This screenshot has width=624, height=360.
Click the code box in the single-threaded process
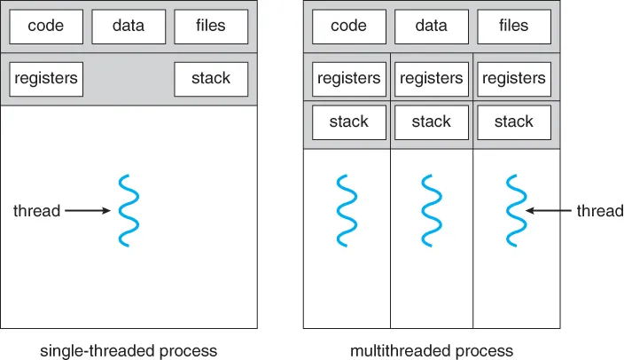(45, 27)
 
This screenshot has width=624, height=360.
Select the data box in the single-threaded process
(129, 27)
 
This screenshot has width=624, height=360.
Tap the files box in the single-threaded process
(211, 27)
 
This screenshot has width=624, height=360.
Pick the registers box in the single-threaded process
(45, 79)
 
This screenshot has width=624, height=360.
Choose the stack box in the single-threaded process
(211, 79)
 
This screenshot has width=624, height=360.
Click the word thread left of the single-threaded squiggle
(36, 211)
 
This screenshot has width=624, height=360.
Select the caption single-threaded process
(129, 350)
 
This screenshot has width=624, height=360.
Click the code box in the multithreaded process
(348, 27)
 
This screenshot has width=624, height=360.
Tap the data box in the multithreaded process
(431, 27)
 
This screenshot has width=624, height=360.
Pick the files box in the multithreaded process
(514, 27)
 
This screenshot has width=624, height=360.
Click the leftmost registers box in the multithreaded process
(348, 79)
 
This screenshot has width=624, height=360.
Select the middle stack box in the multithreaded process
(431, 121)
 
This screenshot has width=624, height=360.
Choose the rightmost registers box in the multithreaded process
(514, 79)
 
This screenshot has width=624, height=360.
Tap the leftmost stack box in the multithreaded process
(348, 121)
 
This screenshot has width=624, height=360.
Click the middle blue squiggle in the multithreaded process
(431, 211)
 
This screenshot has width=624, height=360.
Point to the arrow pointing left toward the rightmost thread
(549, 211)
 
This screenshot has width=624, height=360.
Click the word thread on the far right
(600, 211)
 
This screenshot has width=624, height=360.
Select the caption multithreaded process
(432, 350)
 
